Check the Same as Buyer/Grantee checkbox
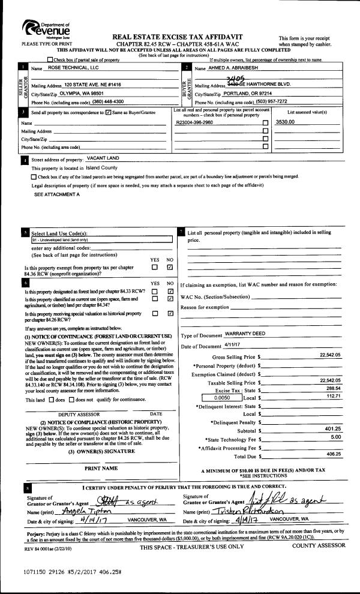pos(108,112)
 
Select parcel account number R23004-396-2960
pos(195,122)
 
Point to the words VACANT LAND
pos(103,158)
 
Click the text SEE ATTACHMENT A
pos(57,194)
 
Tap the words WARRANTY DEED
pos(245,334)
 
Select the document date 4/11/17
pos(232,346)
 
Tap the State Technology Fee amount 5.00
pos(335,437)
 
